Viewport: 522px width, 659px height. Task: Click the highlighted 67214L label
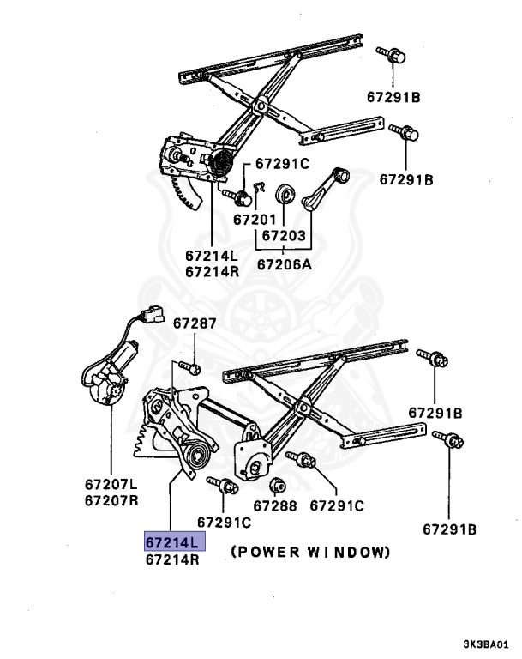pos(172,542)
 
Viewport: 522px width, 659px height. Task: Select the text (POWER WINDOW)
pos(310,552)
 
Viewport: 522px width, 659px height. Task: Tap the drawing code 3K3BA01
pos(487,643)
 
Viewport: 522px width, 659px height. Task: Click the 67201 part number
pos(255,219)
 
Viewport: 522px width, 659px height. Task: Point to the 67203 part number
pos(283,234)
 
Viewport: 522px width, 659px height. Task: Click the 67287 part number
pos(195,323)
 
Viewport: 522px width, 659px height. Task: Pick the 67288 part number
pos(275,506)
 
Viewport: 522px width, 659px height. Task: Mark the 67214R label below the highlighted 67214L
pos(172,559)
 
